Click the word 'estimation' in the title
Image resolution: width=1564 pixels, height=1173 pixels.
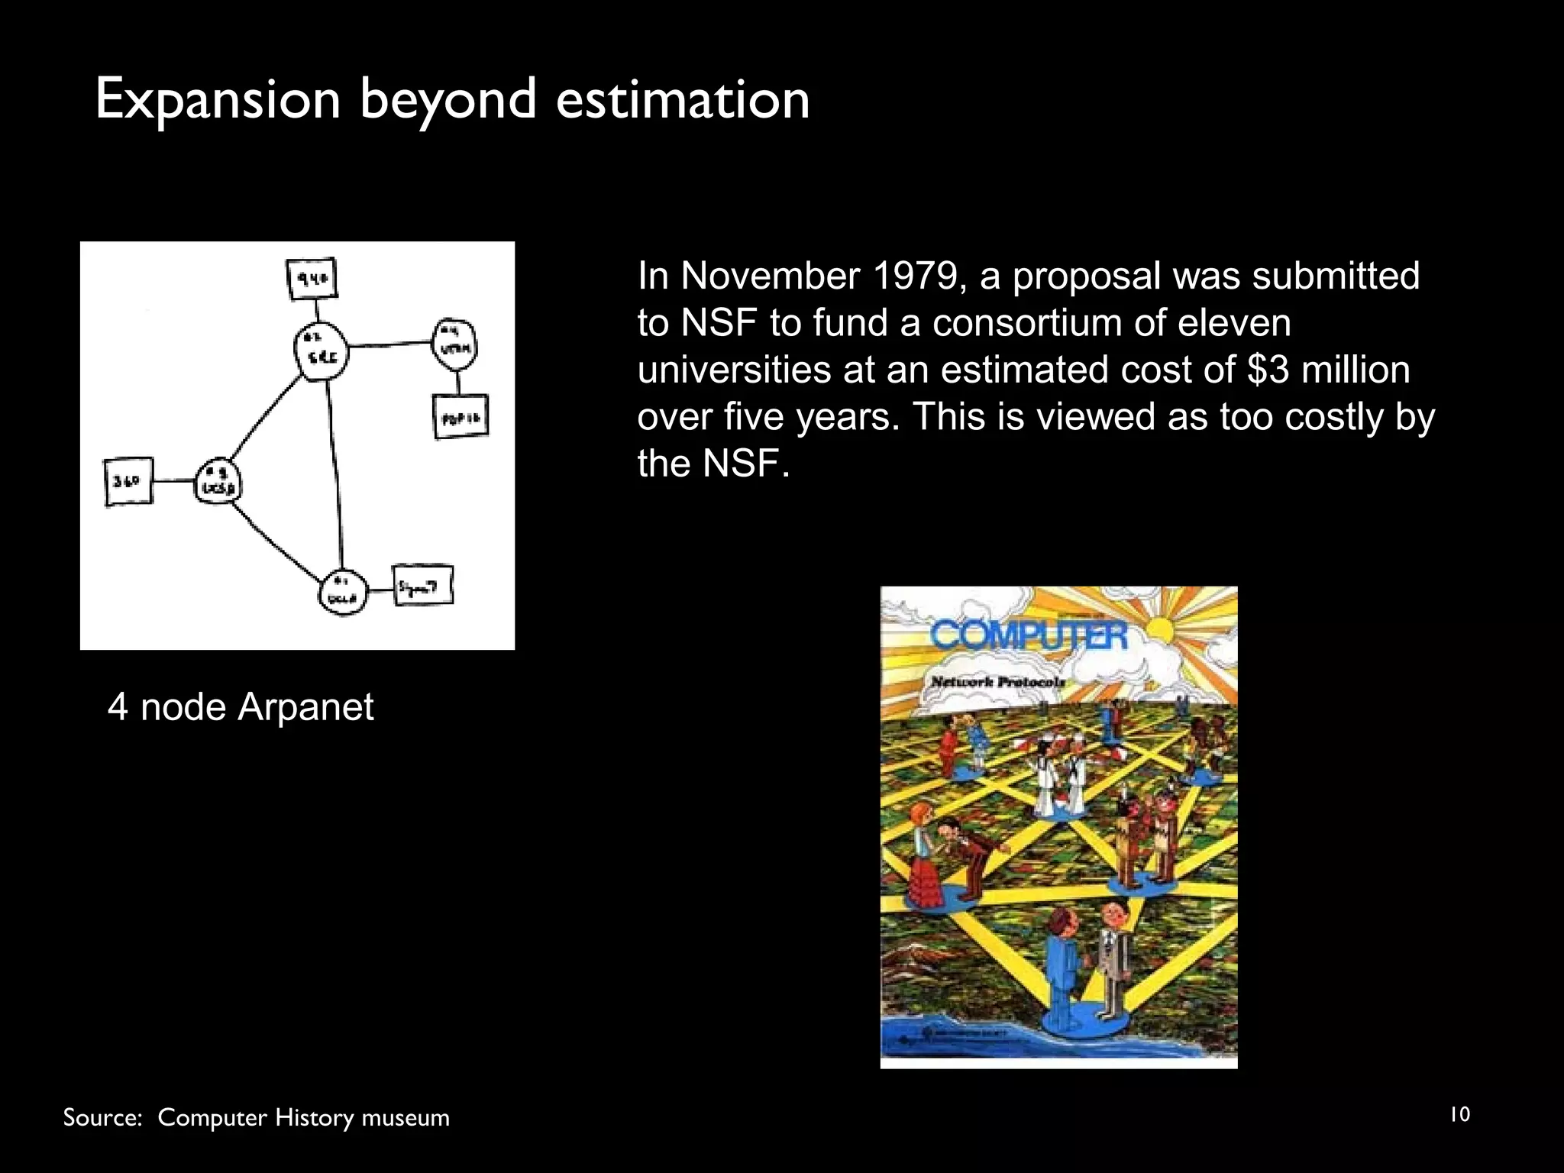682,100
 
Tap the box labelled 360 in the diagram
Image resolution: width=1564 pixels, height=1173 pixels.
128,482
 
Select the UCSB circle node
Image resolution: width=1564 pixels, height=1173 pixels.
218,482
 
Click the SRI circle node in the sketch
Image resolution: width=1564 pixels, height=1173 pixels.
321,351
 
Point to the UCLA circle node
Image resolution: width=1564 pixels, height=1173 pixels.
343,593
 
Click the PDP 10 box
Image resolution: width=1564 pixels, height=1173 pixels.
460,417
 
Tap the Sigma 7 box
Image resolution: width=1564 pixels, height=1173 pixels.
422,586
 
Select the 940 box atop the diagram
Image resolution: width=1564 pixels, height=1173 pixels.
312,280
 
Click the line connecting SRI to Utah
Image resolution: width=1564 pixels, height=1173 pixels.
389,346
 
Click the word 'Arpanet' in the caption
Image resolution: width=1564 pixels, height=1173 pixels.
305,707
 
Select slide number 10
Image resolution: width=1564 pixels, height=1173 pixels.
1459,1114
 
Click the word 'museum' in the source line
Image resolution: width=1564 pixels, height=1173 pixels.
405,1118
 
